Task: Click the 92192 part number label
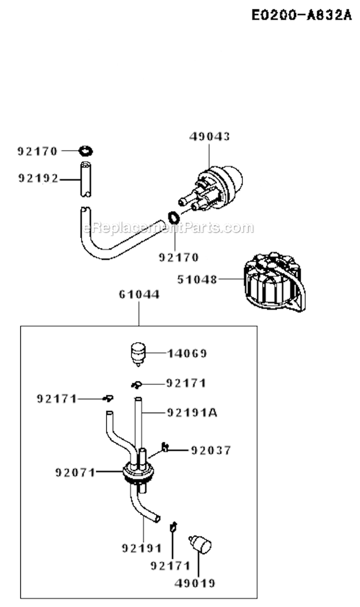click(x=38, y=179)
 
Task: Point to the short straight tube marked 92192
click(x=85, y=179)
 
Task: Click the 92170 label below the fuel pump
click(x=179, y=257)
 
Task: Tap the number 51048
click(x=197, y=279)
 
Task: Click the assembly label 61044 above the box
click(x=139, y=295)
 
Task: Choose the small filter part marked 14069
click(x=138, y=353)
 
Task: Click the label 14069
click(x=187, y=354)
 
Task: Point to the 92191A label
click(x=192, y=412)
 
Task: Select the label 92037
click(x=211, y=450)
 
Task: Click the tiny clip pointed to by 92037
click(x=165, y=447)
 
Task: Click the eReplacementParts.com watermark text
click(x=168, y=228)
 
